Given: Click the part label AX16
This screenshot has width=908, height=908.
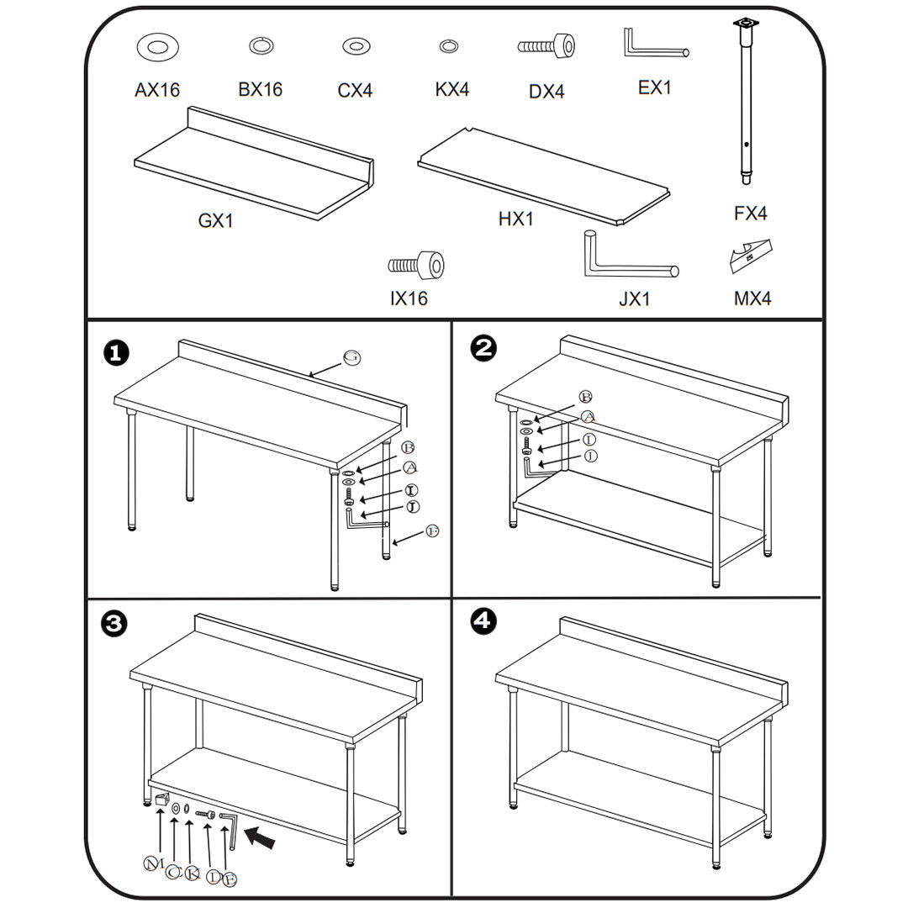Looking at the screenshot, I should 157,89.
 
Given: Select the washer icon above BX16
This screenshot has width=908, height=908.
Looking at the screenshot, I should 261,46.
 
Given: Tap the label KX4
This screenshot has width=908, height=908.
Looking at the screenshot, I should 452,89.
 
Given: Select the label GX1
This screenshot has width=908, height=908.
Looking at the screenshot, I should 215,220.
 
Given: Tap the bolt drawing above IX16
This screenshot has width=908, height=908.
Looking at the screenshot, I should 416,266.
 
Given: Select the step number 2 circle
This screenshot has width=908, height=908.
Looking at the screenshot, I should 483,348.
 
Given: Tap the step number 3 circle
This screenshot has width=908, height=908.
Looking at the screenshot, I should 114,623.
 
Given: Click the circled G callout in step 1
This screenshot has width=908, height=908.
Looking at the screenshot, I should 352,357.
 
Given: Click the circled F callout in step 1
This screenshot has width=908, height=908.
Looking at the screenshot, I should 432,531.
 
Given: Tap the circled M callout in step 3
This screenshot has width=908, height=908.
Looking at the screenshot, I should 152,863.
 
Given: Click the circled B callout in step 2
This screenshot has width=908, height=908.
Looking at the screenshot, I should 586,397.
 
